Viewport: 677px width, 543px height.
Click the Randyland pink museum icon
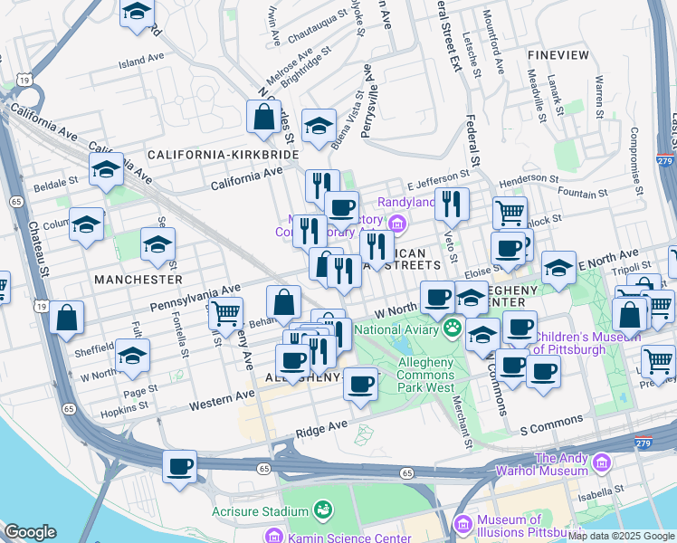coord(395,224)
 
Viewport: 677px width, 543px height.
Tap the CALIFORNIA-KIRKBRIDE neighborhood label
coord(224,155)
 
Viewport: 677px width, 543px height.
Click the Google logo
coord(30,532)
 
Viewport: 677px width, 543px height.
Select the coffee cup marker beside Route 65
coord(179,467)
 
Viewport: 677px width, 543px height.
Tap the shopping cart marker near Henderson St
coord(510,213)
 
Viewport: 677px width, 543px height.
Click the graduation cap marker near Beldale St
coord(106,168)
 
